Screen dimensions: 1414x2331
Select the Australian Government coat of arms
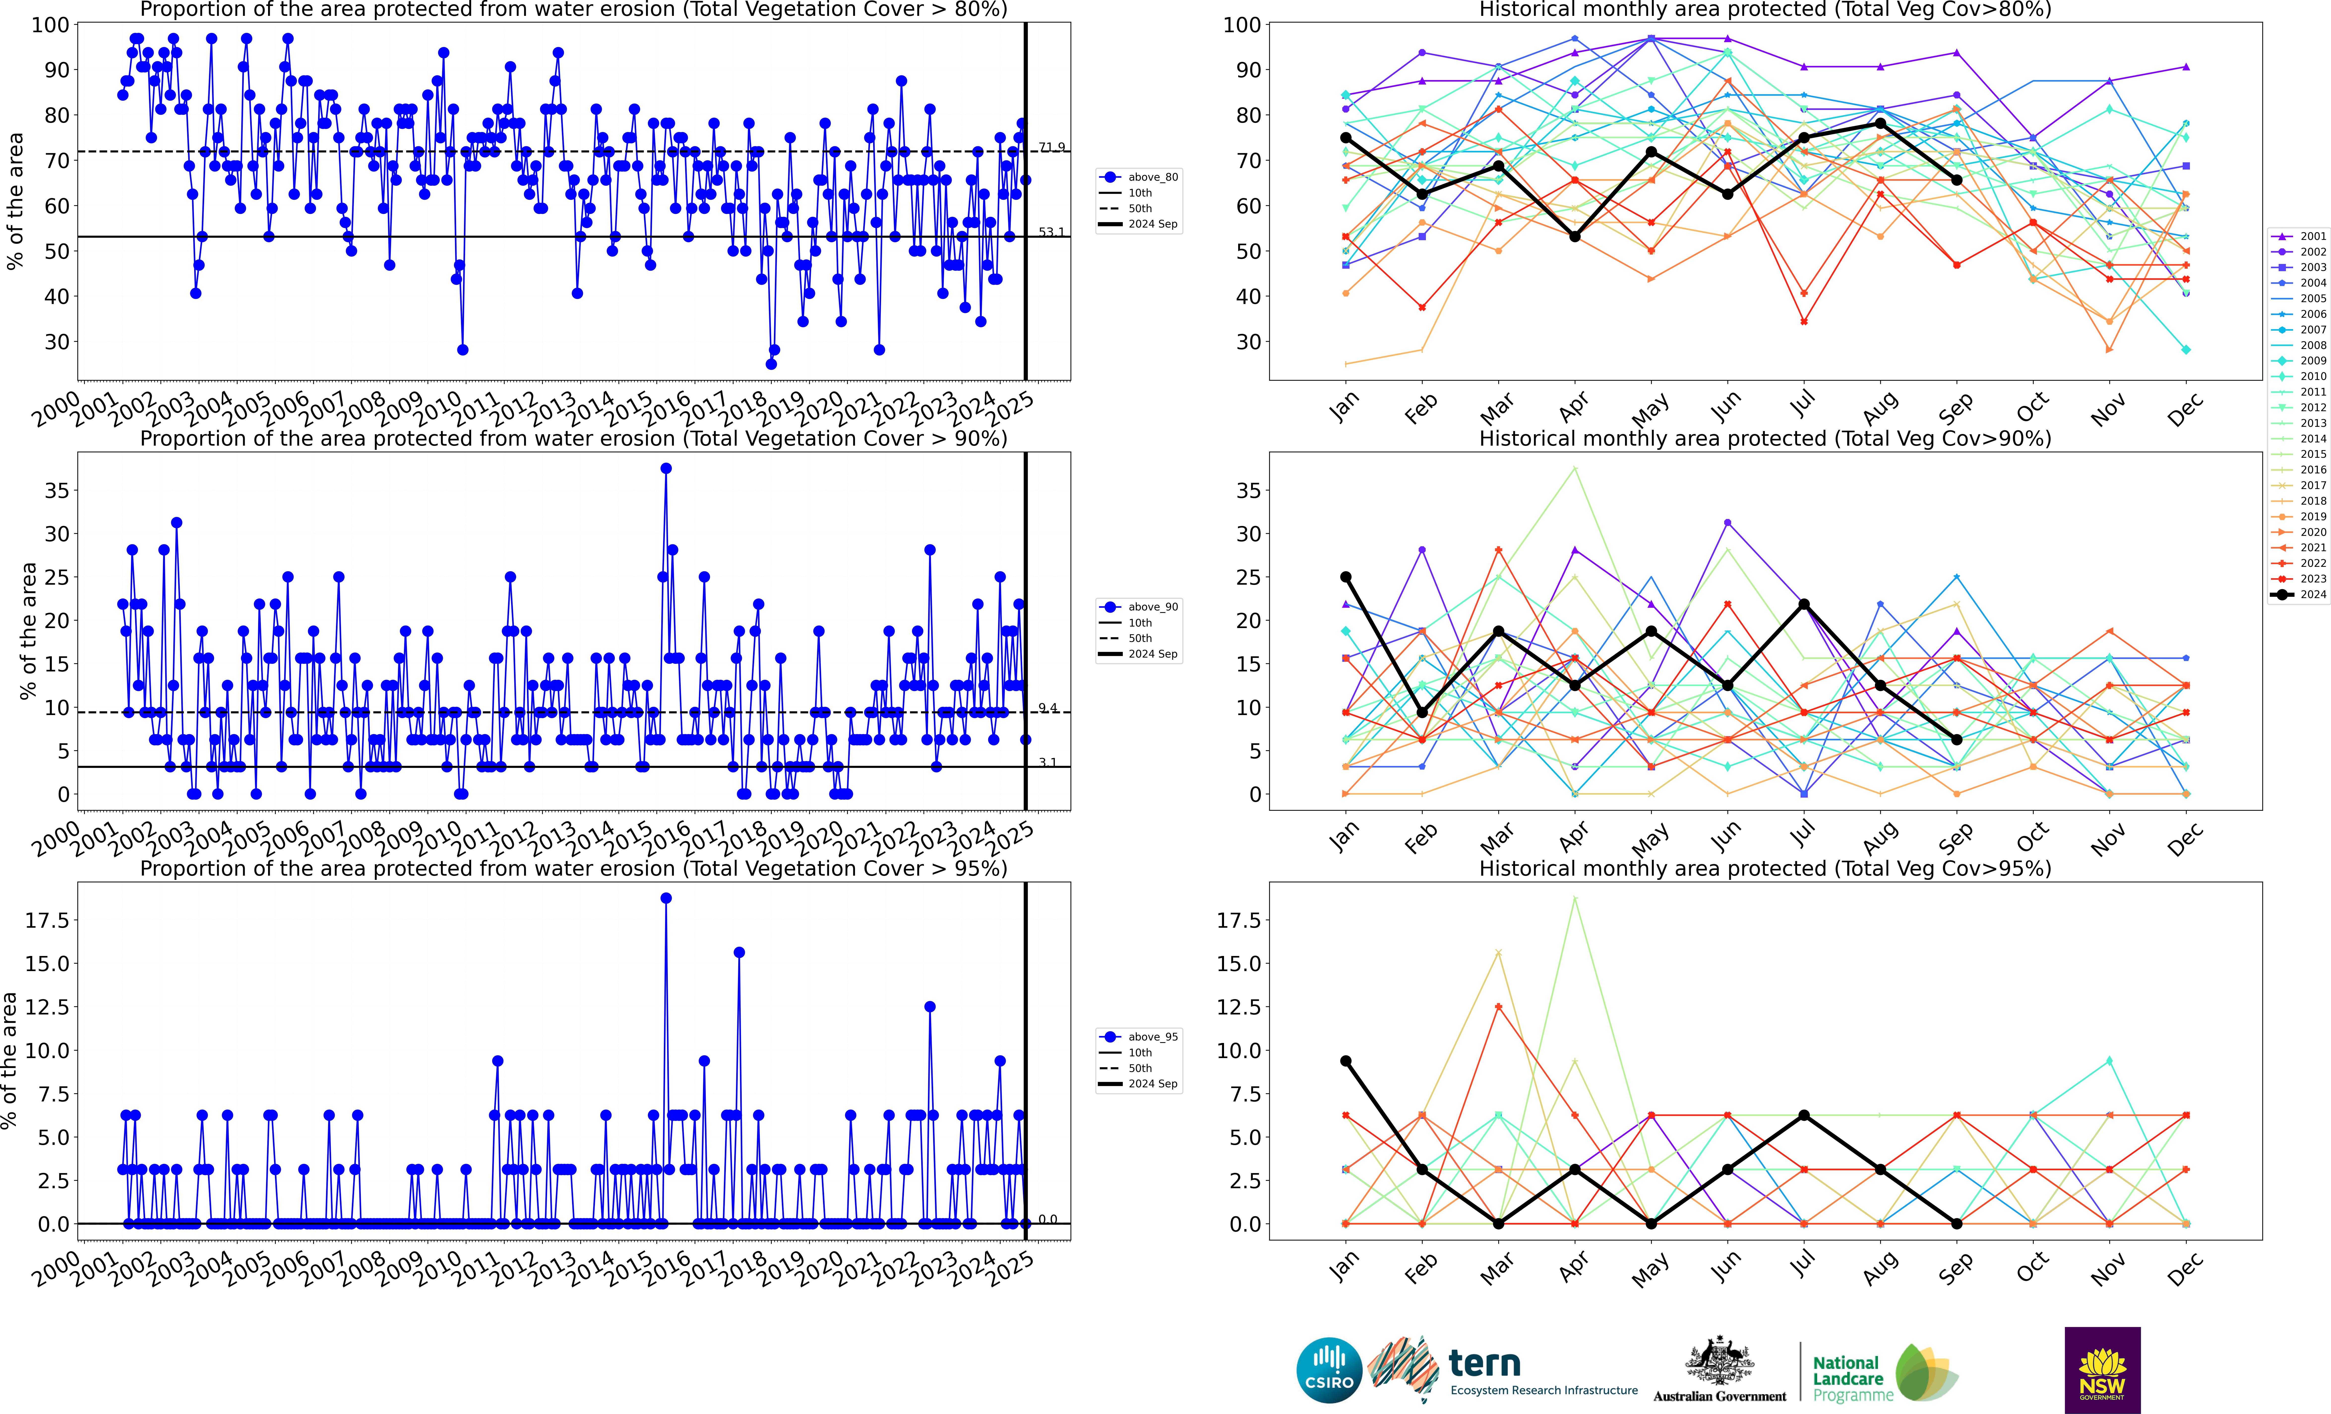[1719, 1362]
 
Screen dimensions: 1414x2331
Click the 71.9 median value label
[1051, 147]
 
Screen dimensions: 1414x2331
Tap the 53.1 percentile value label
[1051, 232]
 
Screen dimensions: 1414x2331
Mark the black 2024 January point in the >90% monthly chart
[1345, 577]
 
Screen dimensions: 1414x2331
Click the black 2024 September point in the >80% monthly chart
[1956, 180]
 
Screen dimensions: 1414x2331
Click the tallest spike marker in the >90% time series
[666, 468]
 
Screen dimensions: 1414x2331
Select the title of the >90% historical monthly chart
[1764, 439]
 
